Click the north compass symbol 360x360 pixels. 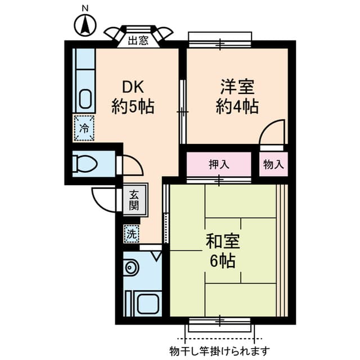click(x=85, y=25)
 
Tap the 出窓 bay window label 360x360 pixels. click(x=138, y=40)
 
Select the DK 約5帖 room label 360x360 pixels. click(x=133, y=97)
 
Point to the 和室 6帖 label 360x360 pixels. click(x=223, y=251)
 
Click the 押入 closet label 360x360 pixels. click(x=219, y=164)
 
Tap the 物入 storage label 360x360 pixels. click(x=273, y=164)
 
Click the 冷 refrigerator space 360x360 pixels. click(x=84, y=128)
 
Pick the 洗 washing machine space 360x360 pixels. click(x=132, y=234)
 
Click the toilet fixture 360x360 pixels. click(x=84, y=164)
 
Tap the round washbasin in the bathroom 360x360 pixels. click(x=130, y=268)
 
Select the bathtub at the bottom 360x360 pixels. click(x=148, y=304)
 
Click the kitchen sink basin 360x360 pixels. click(x=85, y=98)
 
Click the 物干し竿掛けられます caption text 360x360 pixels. click(x=220, y=351)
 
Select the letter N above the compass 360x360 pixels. click(x=85, y=9)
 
